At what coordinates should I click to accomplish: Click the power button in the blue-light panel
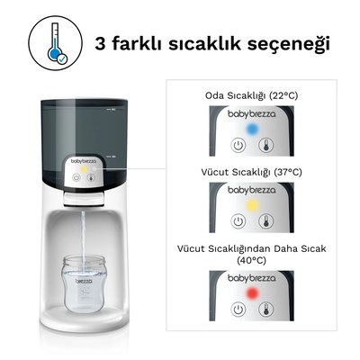[x=238, y=143]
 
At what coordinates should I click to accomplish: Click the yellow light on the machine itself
[x=82, y=166]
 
